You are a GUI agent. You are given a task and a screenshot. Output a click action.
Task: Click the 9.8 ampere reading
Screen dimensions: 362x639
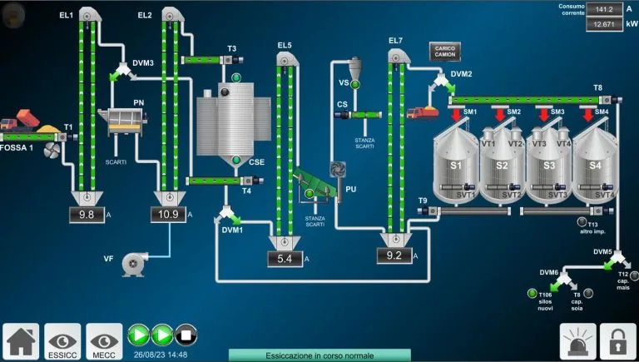(87, 215)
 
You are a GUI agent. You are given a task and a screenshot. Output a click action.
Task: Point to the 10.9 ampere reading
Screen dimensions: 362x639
(168, 215)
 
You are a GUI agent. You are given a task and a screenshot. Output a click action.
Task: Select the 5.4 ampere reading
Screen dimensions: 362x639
(285, 259)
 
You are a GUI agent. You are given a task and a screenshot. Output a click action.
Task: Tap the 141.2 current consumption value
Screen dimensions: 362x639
(605, 9)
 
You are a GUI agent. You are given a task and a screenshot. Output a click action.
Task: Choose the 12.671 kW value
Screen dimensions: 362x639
(605, 24)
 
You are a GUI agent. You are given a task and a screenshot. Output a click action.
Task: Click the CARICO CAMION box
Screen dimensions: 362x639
(449, 51)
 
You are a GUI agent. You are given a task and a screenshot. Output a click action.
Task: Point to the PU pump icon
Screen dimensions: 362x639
(338, 170)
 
